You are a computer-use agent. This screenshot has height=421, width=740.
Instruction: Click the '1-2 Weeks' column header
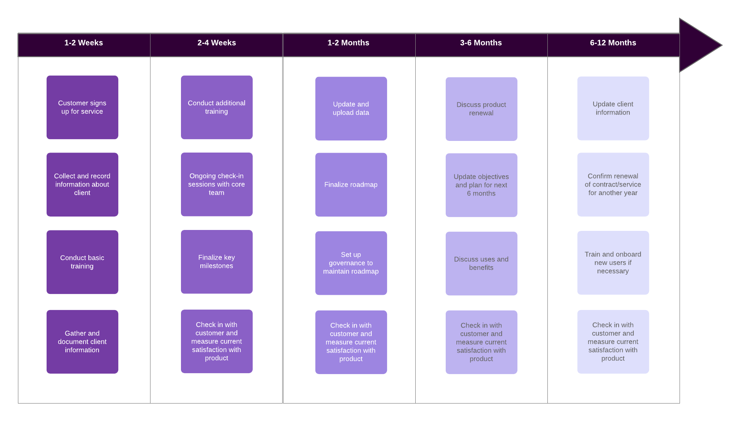tap(84, 43)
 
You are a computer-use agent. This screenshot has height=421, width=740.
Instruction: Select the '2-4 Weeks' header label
tap(216, 43)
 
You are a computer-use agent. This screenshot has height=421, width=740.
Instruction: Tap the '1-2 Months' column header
tap(348, 43)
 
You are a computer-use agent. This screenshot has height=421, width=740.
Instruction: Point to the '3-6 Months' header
tap(481, 43)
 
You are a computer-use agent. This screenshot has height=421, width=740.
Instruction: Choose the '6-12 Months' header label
tap(613, 43)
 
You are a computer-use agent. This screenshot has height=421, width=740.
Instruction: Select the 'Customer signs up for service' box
tap(82, 107)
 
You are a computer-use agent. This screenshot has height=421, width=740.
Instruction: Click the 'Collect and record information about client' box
tap(82, 184)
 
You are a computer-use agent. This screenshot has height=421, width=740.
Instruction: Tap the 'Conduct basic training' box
tap(82, 262)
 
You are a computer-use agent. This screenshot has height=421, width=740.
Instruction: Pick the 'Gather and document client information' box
tap(82, 342)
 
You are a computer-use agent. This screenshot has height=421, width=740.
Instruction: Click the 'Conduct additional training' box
tap(217, 107)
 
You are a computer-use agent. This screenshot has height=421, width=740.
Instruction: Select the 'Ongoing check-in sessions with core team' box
tap(217, 184)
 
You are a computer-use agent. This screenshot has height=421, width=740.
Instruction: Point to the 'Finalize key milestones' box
tap(217, 262)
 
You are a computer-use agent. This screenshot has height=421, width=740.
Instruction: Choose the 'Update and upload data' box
tap(351, 109)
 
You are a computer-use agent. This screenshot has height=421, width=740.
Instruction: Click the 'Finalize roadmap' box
tap(351, 185)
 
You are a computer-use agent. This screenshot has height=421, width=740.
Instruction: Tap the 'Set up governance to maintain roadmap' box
tap(351, 263)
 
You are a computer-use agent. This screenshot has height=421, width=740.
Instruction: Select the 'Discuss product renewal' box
tap(482, 109)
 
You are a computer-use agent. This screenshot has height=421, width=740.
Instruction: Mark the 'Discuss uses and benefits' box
tap(482, 264)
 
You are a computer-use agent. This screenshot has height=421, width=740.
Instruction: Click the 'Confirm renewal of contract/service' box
tap(613, 185)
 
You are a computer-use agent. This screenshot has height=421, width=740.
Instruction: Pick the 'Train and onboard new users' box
tap(613, 263)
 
